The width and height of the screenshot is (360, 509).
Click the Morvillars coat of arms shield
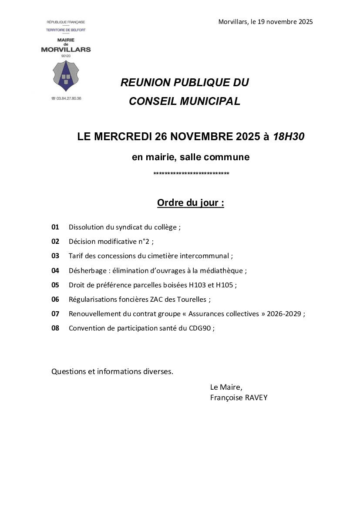click(66, 76)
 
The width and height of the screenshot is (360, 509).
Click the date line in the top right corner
click(266, 22)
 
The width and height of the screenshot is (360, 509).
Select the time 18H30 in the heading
click(289, 137)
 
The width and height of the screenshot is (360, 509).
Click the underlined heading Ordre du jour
click(190, 203)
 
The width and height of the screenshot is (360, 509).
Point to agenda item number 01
click(55, 227)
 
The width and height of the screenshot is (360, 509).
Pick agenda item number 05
click(55, 285)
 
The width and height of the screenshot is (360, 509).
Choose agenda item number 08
click(55, 328)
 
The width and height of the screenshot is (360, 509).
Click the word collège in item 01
click(165, 227)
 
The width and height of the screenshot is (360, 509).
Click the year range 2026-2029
click(284, 314)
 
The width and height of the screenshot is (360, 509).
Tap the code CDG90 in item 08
click(202, 328)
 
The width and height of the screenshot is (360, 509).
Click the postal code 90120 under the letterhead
click(66, 56)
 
